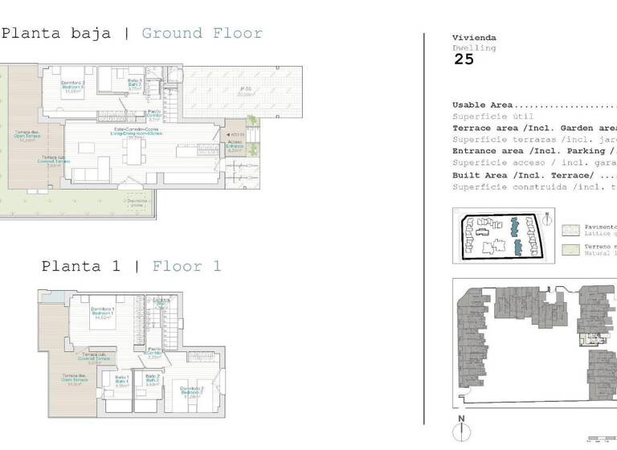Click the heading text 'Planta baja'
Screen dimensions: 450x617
tap(56, 34)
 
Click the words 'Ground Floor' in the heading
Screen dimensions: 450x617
tap(202, 34)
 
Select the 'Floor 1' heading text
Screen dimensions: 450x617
tap(186, 266)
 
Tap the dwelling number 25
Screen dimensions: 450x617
tap(464, 59)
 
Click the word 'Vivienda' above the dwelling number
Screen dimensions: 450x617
tap(474, 38)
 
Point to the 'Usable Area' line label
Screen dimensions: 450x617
tap(483, 105)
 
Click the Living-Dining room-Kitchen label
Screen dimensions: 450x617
tap(138, 132)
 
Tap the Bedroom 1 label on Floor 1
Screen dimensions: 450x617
tap(101, 312)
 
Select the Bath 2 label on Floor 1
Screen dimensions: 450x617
tap(152, 381)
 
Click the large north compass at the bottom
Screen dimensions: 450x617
tap(461, 432)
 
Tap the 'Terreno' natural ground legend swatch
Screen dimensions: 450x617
tap(570, 249)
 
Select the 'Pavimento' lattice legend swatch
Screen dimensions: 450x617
tap(570, 229)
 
